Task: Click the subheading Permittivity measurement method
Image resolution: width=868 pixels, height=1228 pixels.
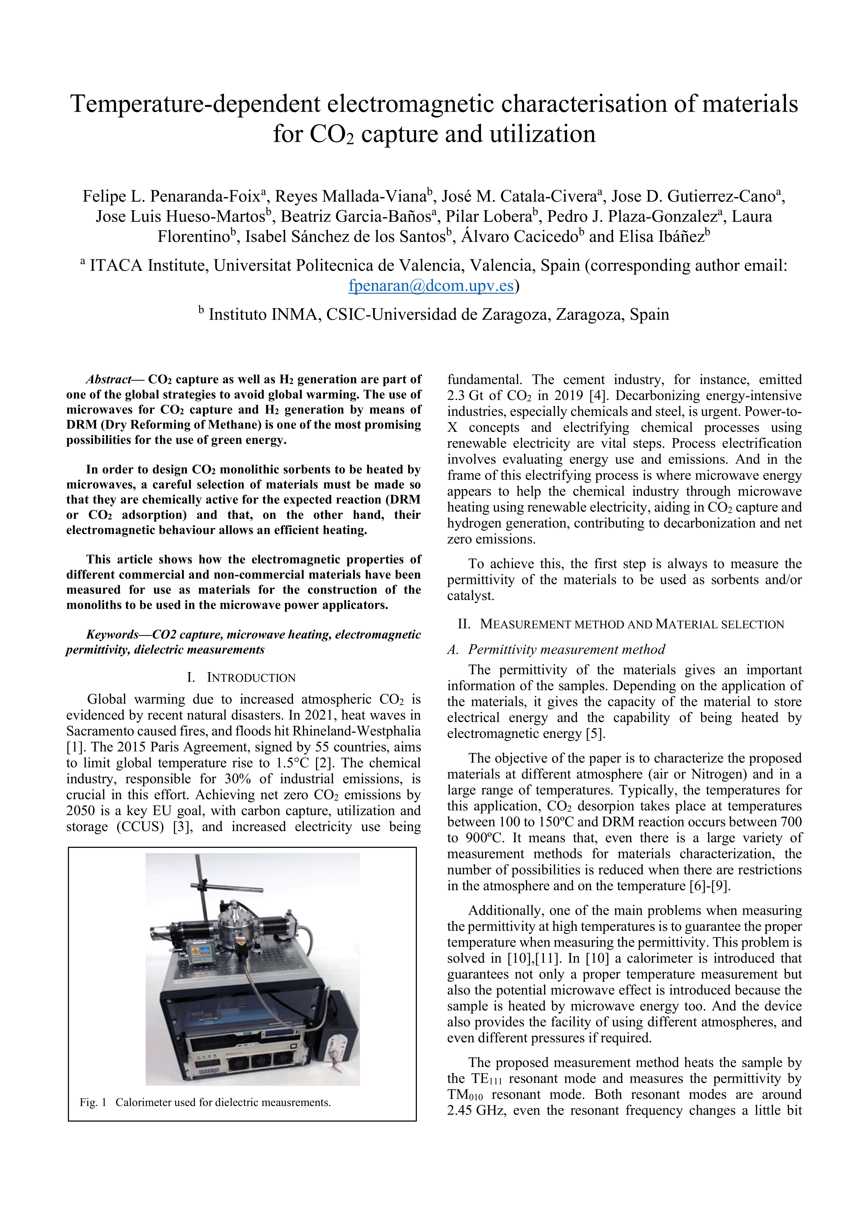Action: (566, 649)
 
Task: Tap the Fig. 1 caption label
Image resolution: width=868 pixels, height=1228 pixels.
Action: (93, 1102)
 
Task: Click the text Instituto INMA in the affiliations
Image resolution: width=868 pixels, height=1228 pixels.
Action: (262, 314)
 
